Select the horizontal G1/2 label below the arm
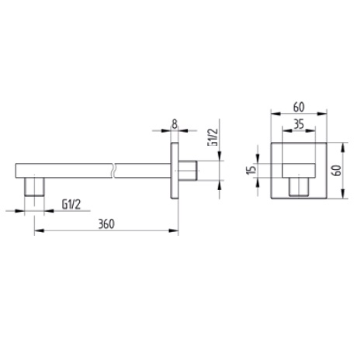pyautogui.click(x=72, y=203)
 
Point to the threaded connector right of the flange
pyautogui.click(x=191, y=169)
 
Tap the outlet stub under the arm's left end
pyautogui.click(x=35, y=187)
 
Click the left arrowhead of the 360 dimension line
pyautogui.click(x=37, y=230)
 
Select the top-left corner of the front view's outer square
pyautogui.click(x=271, y=143)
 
